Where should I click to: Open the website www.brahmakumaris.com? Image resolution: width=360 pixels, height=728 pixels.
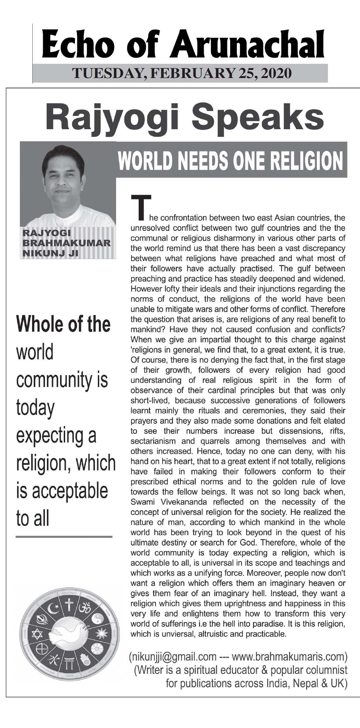[289, 657]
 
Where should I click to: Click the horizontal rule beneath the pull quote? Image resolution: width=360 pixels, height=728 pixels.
[64, 537]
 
